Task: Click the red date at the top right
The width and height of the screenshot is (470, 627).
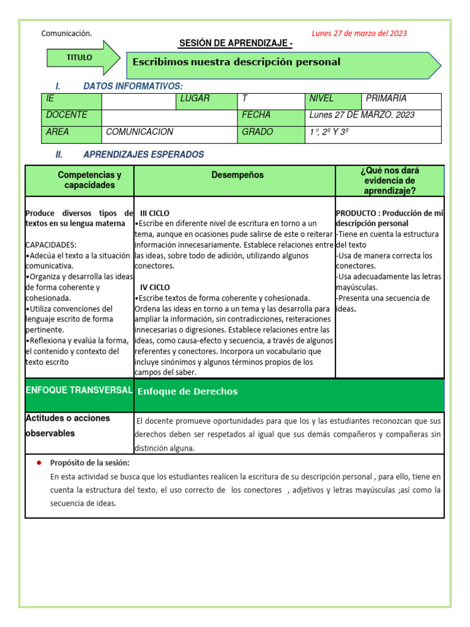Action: (x=359, y=34)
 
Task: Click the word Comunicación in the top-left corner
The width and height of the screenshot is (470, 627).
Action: (x=66, y=34)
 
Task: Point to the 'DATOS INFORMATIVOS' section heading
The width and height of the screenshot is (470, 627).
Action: (x=133, y=86)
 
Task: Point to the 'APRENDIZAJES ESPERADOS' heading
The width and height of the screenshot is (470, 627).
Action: (x=143, y=155)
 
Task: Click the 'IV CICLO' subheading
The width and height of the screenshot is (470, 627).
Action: (x=155, y=287)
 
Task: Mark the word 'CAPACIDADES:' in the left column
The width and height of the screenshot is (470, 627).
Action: (x=51, y=245)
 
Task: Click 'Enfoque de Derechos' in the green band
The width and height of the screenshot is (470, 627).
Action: (x=187, y=392)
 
